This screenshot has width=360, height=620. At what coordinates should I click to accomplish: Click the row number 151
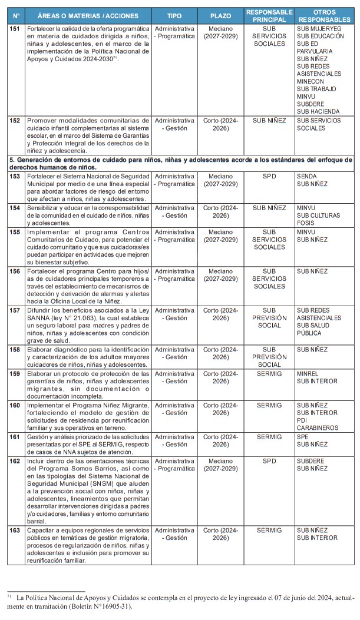[x=15, y=29]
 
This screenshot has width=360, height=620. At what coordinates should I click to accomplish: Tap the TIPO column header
[x=174, y=16]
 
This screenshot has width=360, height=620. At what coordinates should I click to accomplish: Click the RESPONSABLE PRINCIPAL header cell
[x=269, y=16]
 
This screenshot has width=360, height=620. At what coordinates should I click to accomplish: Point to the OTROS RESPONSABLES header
[x=325, y=16]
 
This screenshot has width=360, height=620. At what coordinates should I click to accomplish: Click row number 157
[x=15, y=310]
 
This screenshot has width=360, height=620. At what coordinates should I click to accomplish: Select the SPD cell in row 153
[x=269, y=176]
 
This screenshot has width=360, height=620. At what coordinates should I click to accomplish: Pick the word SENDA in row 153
[x=306, y=176]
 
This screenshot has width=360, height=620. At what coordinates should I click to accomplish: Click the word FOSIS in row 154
[x=306, y=223]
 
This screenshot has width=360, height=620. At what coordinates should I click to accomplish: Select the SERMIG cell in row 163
[x=269, y=531]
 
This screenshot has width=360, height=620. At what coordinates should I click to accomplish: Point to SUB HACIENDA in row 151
[x=318, y=111]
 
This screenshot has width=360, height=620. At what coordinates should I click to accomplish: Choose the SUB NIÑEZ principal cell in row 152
[x=269, y=121]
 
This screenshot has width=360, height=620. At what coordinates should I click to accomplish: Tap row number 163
[x=15, y=531]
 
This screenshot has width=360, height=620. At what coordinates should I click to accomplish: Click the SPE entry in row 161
[x=303, y=437]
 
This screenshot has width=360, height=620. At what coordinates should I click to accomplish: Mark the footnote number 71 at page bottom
[x=9, y=596]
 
